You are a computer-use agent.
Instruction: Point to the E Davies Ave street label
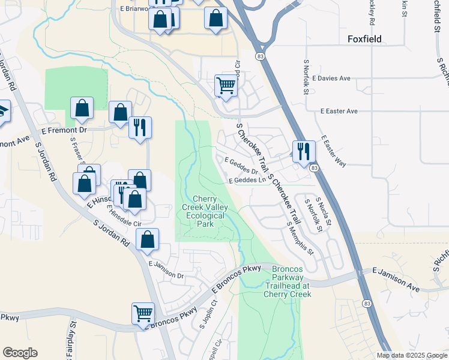click(x=344, y=79)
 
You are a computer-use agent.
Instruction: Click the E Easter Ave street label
click(x=339, y=112)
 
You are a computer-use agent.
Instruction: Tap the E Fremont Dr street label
click(x=64, y=130)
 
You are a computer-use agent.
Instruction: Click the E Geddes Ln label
click(x=247, y=180)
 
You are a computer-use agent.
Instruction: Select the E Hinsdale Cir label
click(x=124, y=215)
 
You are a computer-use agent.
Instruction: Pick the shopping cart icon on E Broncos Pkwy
click(x=143, y=313)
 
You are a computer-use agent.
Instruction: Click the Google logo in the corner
click(x=20, y=353)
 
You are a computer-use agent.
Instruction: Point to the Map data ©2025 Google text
click(x=411, y=355)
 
